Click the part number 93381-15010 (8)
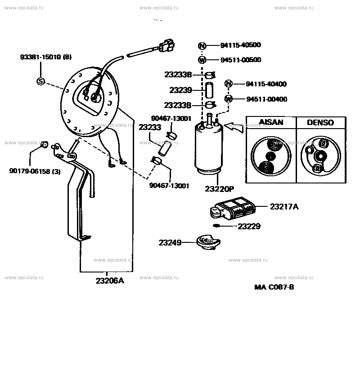(x=45, y=57)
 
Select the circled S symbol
(x=40, y=81)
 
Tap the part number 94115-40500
(x=240, y=45)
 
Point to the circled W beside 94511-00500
(x=202, y=60)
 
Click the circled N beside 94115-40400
(x=229, y=84)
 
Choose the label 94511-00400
(x=266, y=99)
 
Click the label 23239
(x=180, y=90)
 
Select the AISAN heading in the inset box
(x=270, y=123)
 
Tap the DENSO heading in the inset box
(x=320, y=123)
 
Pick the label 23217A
(x=284, y=206)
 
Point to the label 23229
(x=249, y=226)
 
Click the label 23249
(x=170, y=243)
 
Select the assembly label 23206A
(x=109, y=281)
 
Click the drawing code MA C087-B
(x=274, y=287)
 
